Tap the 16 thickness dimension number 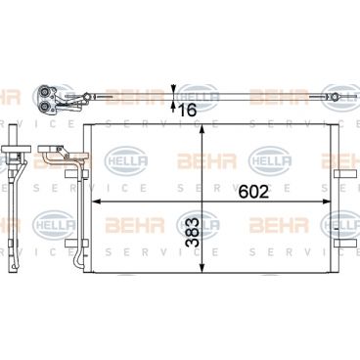click(187, 111)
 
